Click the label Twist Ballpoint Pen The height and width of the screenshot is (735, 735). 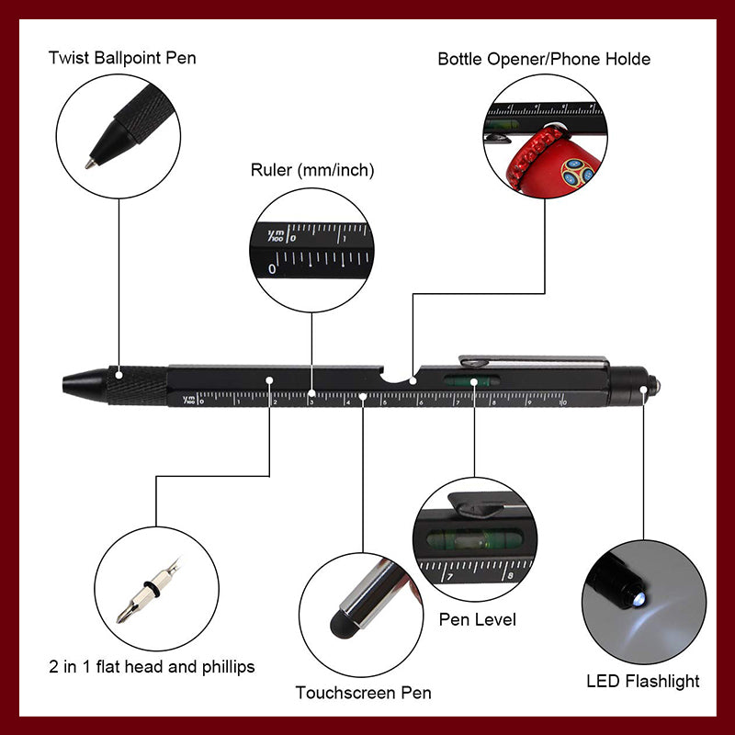[122, 59]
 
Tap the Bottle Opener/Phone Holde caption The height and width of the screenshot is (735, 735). [544, 59]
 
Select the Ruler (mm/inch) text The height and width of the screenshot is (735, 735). [312, 170]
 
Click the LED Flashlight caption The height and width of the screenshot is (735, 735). [643, 681]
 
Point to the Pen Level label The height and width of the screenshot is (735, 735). [477, 619]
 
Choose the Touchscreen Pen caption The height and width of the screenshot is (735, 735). [363, 692]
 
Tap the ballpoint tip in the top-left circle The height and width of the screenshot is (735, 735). [91, 163]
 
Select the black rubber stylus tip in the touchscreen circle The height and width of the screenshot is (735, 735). [342, 627]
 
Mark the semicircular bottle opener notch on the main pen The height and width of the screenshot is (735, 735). [397, 377]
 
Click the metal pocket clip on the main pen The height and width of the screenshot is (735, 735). [533, 360]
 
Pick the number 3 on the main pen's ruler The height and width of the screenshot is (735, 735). [311, 401]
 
